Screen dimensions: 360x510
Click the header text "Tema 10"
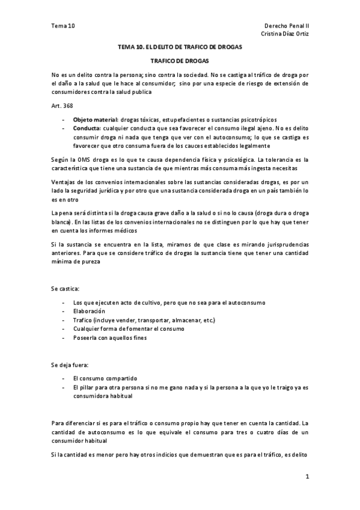tap(63, 26)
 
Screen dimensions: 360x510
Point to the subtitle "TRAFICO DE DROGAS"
tap(180, 61)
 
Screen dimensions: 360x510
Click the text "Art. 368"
tap(63, 106)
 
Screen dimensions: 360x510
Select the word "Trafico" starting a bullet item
tap(83, 320)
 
